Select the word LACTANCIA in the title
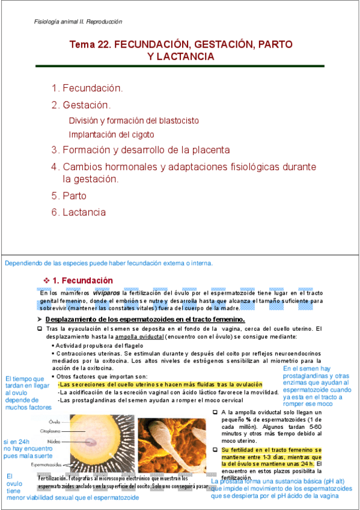(186, 56)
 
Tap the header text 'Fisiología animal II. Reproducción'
(78, 22)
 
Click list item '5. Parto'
(69, 195)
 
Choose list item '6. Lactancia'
(79, 212)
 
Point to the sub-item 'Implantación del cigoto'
(111, 134)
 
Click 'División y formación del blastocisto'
(134, 120)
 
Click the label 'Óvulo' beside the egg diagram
(55, 421)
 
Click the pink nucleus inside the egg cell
(92, 442)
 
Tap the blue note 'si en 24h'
(17, 440)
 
